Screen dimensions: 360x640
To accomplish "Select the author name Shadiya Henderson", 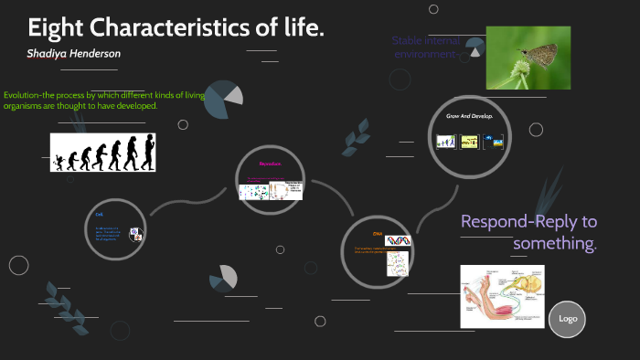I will click(75, 54).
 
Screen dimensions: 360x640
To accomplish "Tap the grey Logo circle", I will click(567, 319).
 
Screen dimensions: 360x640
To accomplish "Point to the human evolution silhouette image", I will click(102, 152).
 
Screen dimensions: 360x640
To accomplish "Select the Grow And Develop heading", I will click(469, 117).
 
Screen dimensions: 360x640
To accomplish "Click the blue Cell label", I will click(100, 214).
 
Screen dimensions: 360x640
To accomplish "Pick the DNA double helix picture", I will click(399, 241).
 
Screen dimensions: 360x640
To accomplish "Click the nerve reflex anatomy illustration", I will click(501, 296).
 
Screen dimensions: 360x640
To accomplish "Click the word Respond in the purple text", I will click(495, 222).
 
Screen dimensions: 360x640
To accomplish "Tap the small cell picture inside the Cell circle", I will click(134, 234).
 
